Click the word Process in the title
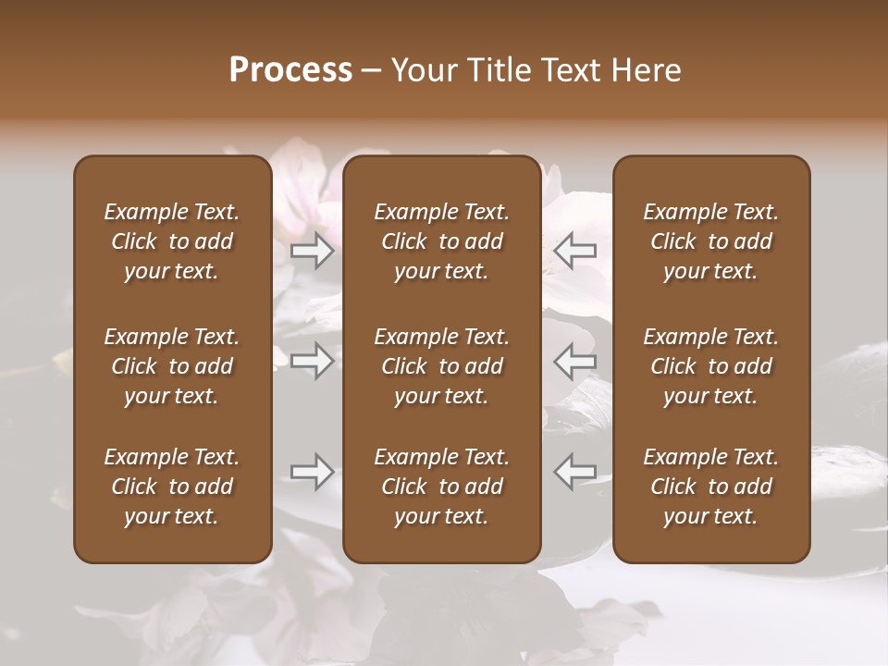290,70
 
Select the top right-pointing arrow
313,249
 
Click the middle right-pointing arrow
313,361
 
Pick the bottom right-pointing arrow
313,472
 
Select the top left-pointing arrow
574,249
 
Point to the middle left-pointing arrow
574,361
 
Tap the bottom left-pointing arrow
574,472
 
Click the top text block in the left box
172,241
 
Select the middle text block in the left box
172,366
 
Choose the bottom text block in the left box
172,487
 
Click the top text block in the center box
442,241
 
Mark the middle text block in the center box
442,366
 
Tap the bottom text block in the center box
442,487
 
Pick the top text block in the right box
711,241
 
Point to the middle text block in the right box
711,366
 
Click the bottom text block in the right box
711,487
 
